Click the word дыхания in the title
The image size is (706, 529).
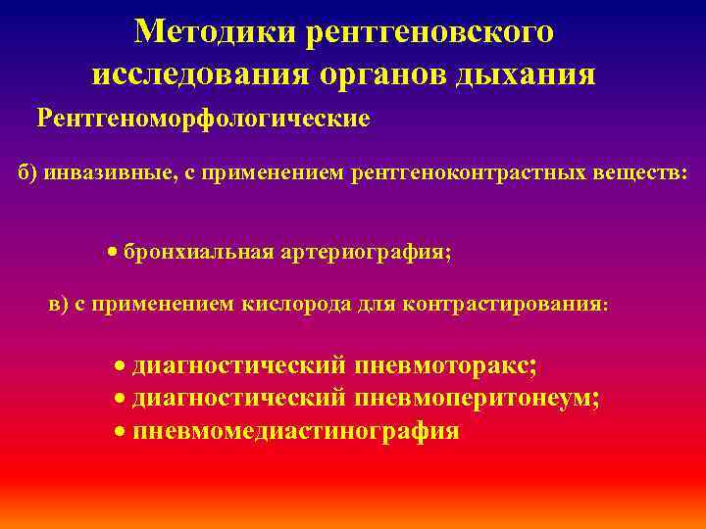tap(524, 73)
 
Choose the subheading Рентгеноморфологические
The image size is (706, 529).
tap(203, 119)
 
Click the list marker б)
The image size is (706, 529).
tap(29, 172)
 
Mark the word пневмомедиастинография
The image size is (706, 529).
tap(296, 431)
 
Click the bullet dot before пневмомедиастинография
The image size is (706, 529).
tap(119, 431)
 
